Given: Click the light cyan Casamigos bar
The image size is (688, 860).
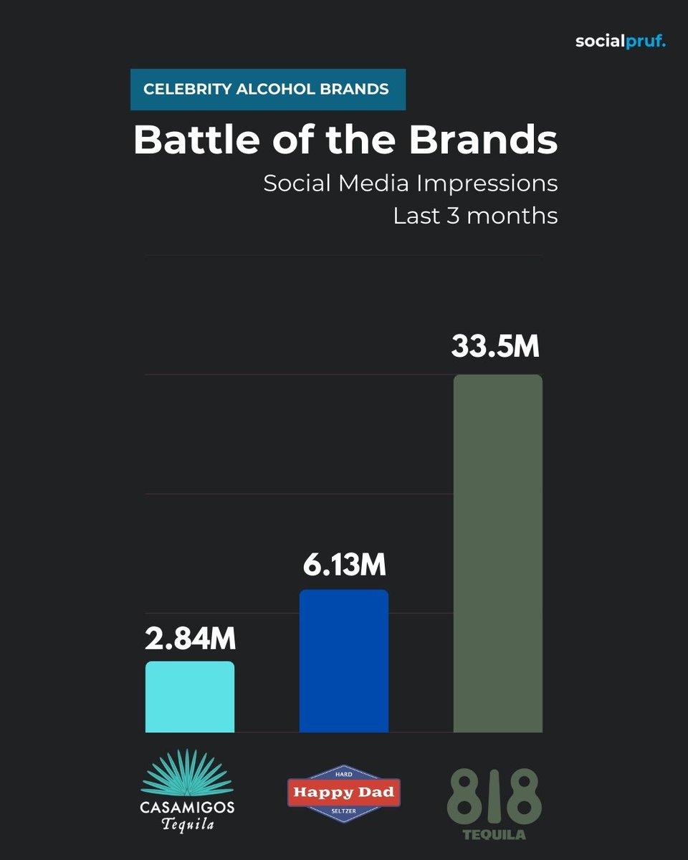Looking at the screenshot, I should point(190,697).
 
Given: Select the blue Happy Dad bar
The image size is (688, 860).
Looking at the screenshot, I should point(344,661).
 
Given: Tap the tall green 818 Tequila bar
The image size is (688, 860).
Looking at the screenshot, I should point(498,553).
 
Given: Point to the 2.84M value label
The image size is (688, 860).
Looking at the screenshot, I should point(190,639).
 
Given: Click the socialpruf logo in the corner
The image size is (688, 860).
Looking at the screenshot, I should point(621,42).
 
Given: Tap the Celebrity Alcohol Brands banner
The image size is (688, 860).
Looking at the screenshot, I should point(267,90).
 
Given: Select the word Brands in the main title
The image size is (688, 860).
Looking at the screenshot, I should point(484,140).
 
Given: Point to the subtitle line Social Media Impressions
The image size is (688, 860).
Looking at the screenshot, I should point(410,183).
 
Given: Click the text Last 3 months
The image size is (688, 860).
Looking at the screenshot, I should point(475,216).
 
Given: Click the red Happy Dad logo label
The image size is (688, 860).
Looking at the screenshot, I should point(344,793).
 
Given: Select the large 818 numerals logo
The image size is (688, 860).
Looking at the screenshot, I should point(494,797).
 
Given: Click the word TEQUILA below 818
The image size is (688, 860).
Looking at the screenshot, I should point(494,835).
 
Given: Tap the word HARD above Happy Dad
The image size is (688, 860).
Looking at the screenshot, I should point(344,774).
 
